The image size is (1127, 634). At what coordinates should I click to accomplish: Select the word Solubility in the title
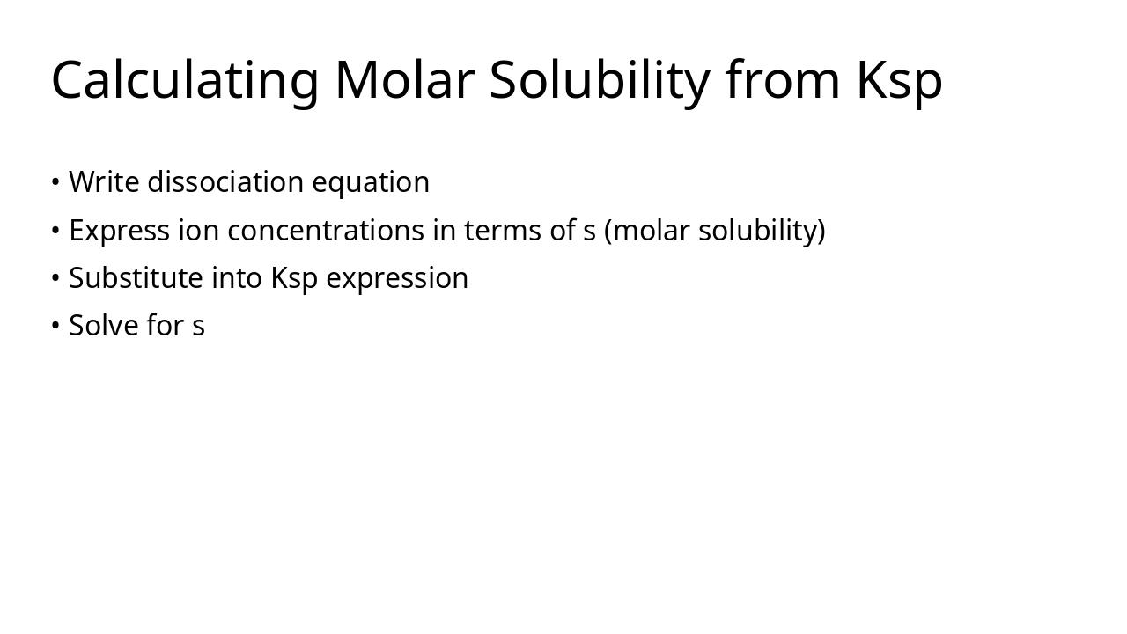600,80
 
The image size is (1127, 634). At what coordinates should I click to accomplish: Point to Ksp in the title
899,80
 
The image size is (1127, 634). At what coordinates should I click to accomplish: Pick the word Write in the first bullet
104,182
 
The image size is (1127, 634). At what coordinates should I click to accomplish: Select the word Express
119,231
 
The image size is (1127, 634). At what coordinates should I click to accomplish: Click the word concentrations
326,231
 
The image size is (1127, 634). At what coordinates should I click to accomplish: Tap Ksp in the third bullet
294,278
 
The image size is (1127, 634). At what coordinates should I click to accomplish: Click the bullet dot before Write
55,182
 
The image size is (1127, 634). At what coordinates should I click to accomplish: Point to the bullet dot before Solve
55,326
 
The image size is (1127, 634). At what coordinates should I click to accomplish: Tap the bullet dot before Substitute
55,278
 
